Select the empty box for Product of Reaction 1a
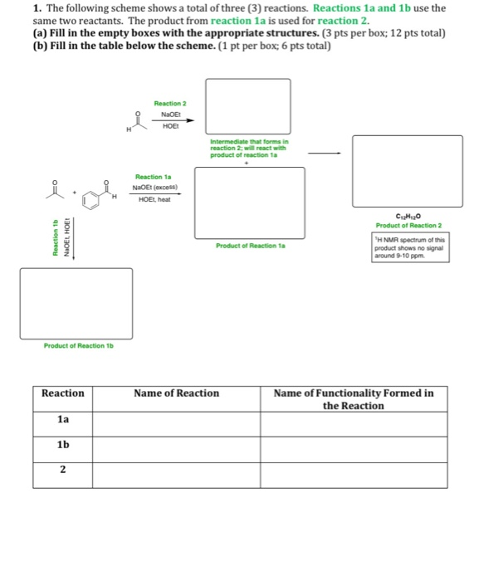(249, 203)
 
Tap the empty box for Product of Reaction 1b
(76, 303)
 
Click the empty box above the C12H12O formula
(407, 171)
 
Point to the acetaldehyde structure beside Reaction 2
(138, 121)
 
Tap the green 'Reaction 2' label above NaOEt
(170, 103)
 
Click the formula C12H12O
(407, 216)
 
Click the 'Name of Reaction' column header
(176, 393)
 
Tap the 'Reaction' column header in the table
(63, 393)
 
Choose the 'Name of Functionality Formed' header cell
(354, 399)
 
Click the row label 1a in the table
(63, 420)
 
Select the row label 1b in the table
(63, 445)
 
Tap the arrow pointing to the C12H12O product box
(325, 153)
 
